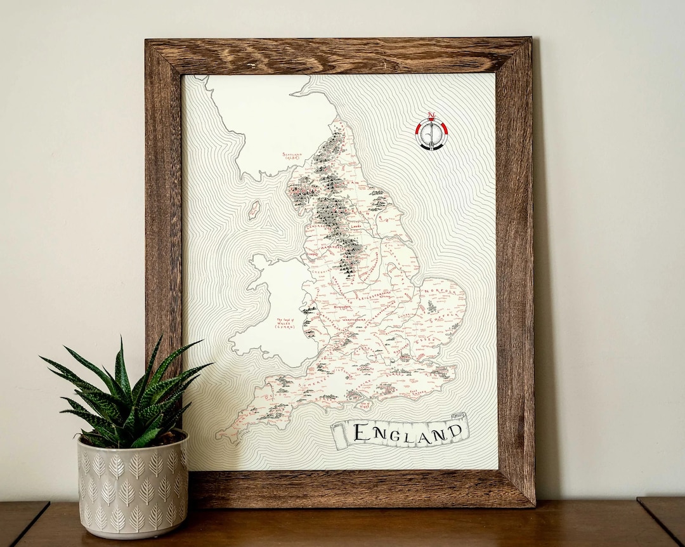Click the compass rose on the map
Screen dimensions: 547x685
pos(431,133)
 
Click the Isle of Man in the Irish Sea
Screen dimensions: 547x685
pos(254,209)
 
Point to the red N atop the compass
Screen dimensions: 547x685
pos(431,117)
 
